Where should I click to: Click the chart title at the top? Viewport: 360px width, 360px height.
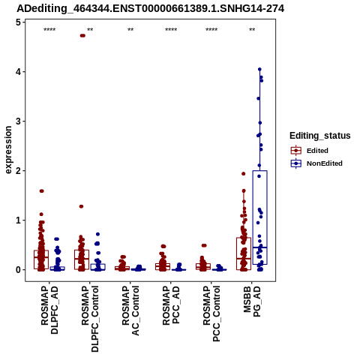(151, 9)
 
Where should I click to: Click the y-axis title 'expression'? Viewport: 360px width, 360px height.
(8, 150)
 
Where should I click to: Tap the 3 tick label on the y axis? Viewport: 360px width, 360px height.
(18, 121)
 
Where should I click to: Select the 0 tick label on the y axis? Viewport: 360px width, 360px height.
(18, 270)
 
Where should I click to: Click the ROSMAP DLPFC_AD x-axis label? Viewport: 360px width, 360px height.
(49, 310)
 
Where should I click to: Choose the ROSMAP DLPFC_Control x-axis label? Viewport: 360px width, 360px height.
(90, 319)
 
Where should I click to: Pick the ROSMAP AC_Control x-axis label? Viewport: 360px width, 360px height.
(130, 310)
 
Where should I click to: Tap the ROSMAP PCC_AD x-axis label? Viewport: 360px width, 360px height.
(171, 305)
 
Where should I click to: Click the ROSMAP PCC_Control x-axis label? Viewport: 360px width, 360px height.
(211, 313)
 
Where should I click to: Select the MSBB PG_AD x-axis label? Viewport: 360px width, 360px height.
(252, 301)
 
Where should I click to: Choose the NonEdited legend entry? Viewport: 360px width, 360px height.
(316, 163)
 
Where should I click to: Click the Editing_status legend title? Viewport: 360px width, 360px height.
(320, 136)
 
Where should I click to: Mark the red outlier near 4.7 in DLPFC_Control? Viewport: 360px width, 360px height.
(82, 35)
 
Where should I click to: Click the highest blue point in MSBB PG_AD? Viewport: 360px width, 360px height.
(259, 69)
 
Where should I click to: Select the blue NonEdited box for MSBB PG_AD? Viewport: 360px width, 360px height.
(259, 217)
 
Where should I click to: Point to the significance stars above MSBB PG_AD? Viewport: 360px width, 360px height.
(252, 30)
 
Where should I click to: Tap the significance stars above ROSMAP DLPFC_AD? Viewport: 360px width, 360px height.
(49, 30)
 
